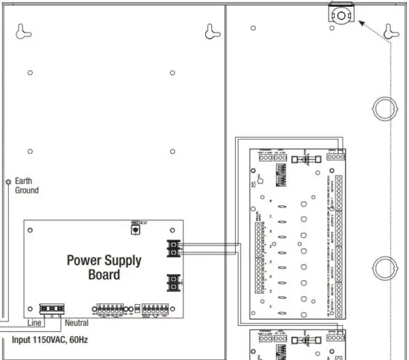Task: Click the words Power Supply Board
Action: (104, 267)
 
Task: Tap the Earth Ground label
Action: (27, 185)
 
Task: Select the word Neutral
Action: (76, 323)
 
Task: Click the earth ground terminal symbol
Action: (7, 181)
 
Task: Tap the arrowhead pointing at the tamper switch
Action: (362, 24)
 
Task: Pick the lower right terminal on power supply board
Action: (173, 282)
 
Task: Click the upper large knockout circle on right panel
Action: (384, 109)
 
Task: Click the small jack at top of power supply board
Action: (135, 228)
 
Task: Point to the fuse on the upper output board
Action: (304, 158)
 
